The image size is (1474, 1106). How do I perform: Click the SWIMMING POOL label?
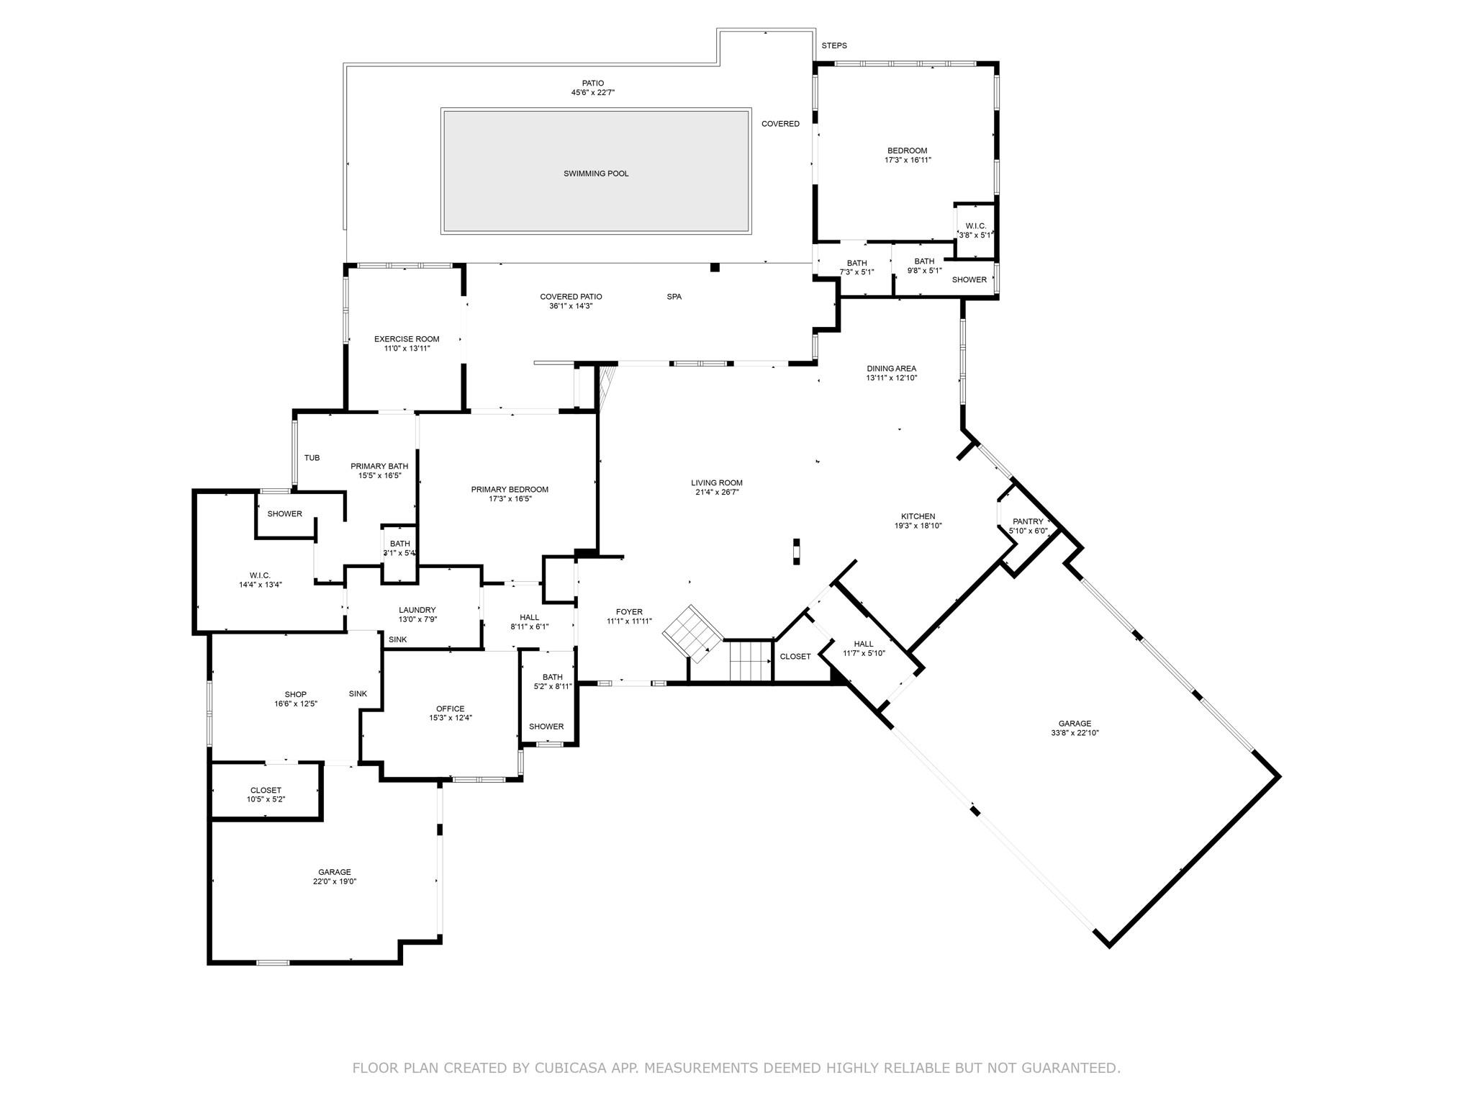[x=595, y=174]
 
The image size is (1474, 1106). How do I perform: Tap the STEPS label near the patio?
[x=834, y=45]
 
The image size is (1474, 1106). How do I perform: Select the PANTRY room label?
[x=1027, y=521]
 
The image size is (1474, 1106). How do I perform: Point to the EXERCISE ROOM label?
[x=406, y=339]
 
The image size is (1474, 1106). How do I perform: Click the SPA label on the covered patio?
[x=674, y=297]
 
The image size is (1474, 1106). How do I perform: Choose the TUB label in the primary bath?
[x=312, y=458]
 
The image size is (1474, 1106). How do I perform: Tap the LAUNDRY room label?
[x=417, y=610]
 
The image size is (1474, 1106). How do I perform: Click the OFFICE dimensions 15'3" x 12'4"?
[x=451, y=718]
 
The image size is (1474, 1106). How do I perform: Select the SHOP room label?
[x=295, y=694]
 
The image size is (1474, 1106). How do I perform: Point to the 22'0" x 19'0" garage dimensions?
[x=335, y=881]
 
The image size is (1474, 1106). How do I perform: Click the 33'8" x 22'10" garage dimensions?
[x=1075, y=733]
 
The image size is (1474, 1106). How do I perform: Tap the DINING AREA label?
[x=891, y=369]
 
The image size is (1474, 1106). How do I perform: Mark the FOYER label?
[x=629, y=612]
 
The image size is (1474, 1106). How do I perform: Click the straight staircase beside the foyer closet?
[x=750, y=661]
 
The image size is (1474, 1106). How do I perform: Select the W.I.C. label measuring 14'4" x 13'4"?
[x=260, y=575]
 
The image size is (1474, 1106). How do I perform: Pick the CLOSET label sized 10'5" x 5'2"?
[x=266, y=790]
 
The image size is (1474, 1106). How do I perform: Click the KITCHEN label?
[x=918, y=516]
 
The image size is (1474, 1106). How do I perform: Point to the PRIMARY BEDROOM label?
[x=510, y=490]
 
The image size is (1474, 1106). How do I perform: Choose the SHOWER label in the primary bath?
[x=284, y=514]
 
